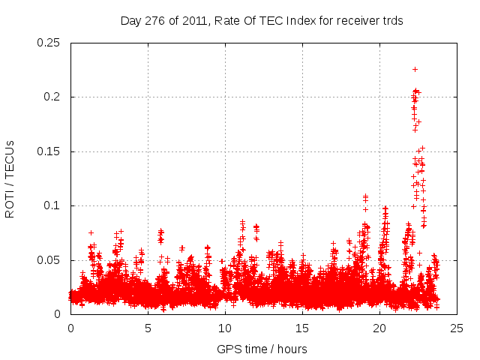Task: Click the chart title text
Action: [262, 21]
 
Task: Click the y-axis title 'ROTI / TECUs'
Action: [10, 178]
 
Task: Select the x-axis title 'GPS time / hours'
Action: [262, 349]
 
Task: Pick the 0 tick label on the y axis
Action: [58, 314]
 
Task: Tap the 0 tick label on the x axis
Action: [70, 328]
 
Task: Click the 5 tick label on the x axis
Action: [148, 328]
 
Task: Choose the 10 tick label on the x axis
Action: [225, 328]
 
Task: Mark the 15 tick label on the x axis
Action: [302, 328]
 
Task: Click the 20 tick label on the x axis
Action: [379, 328]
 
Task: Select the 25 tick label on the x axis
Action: [457, 328]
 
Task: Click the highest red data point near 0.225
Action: [415, 69]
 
